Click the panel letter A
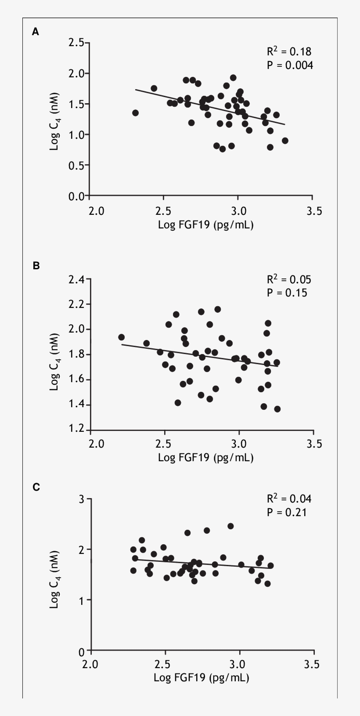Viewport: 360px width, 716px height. pos(36,32)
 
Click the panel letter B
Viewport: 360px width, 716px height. pos(36,265)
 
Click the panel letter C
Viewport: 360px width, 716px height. pos(36,487)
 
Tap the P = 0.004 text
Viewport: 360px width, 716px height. pos(290,65)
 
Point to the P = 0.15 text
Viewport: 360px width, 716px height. pos(287,293)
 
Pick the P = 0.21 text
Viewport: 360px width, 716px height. pos(287,512)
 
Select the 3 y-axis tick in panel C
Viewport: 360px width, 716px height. pos(82,499)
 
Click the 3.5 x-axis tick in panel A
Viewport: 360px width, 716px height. pos(313,211)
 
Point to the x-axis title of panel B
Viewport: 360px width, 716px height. pos(205,458)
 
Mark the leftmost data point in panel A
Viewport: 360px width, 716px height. pos(135,113)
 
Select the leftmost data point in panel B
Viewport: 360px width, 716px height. pos(122,337)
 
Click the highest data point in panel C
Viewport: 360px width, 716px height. pos(230,526)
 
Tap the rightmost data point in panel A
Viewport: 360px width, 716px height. pos(285,141)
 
